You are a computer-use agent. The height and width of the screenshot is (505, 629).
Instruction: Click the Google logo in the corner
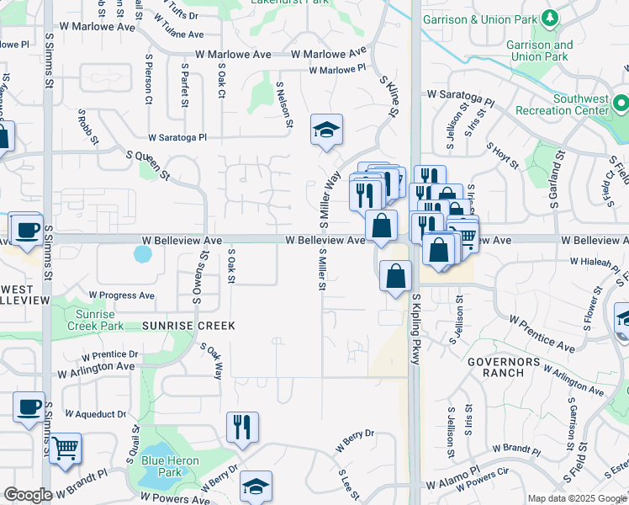pyautogui.click(x=27, y=495)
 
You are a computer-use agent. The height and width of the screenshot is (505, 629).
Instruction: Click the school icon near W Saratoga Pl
pyautogui.click(x=326, y=130)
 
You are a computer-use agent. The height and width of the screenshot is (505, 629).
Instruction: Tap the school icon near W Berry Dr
pyautogui.click(x=256, y=486)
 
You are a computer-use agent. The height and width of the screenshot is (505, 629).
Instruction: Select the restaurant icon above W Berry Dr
pyautogui.click(x=242, y=427)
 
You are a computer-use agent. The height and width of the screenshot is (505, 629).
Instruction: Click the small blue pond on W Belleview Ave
pyautogui.click(x=143, y=252)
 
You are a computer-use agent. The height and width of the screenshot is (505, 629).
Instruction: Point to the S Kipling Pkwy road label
pyautogui.click(x=415, y=328)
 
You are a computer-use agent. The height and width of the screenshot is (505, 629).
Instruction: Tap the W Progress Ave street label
pyautogui.click(x=121, y=295)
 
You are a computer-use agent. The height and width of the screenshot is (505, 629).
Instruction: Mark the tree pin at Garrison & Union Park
pyautogui.click(x=550, y=18)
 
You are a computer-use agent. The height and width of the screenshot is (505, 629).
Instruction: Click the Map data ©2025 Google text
pyautogui.click(x=576, y=498)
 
